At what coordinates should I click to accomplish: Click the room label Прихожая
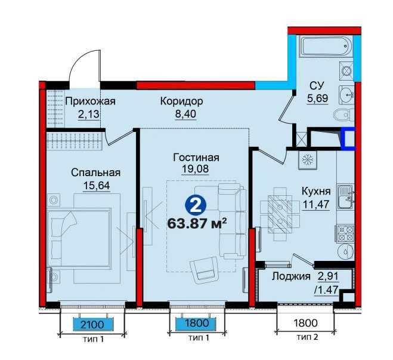pyautogui.click(x=90, y=101)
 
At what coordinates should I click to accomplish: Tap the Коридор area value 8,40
pyautogui.click(x=185, y=114)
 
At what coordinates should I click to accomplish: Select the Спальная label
pyautogui.click(x=96, y=173)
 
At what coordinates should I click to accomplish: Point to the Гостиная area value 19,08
pyautogui.click(x=195, y=168)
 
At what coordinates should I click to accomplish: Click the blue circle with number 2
pyautogui.click(x=196, y=206)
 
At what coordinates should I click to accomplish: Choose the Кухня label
pyautogui.click(x=316, y=192)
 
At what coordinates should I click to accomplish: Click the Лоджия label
pyautogui.click(x=291, y=276)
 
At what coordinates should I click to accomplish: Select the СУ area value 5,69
pyautogui.click(x=318, y=98)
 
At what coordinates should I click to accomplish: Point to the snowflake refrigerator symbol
pyautogui.click(x=307, y=160)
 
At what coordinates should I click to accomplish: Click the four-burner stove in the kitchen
pyautogui.click(x=345, y=233)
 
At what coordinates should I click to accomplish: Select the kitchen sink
pyautogui.click(x=345, y=196)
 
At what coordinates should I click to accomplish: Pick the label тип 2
pyautogui.click(x=308, y=337)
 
